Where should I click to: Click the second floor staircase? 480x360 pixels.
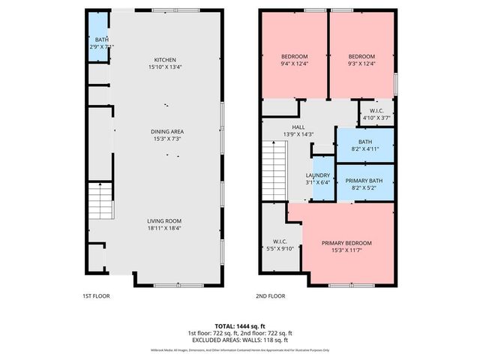pos(274,169)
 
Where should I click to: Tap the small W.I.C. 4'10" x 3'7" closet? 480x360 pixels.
pos(376,113)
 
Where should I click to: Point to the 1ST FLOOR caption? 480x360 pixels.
pos(96,296)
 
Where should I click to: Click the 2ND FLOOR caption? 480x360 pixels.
pos(271,296)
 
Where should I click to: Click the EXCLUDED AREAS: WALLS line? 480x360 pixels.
pos(240,340)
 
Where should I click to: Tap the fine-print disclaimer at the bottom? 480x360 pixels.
pos(240,351)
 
